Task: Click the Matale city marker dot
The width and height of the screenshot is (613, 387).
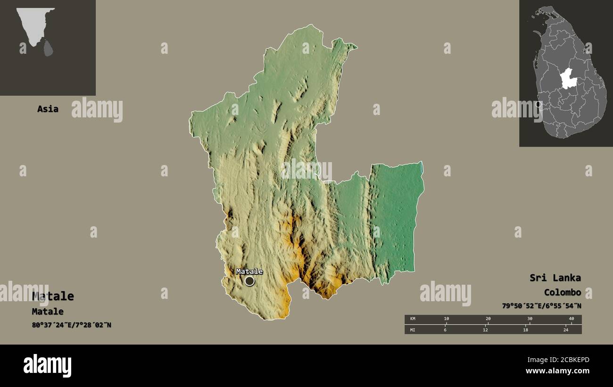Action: point(249,281)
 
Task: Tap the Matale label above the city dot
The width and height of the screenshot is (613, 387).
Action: point(249,271)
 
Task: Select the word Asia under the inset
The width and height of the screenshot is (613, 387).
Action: point(48,109)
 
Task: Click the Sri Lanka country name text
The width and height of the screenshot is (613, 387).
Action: point(555,278)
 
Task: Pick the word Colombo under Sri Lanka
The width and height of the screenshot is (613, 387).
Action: point(562,292)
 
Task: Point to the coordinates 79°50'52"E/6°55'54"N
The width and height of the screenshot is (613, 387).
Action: point(541,306)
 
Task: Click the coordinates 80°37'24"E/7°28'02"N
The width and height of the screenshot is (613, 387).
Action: point(71,325)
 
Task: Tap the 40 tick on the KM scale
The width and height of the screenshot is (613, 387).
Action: point(571,319)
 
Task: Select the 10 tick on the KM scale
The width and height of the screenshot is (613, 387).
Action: point(446,319)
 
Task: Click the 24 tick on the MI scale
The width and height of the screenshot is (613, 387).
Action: point(566,329)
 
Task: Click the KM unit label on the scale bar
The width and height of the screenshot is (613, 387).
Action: point(413,319)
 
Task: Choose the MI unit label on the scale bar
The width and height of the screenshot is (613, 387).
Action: point(413,329)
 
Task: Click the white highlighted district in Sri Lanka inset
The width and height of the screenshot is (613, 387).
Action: point(568,79)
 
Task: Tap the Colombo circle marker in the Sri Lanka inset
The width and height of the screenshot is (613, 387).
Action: point(538,104)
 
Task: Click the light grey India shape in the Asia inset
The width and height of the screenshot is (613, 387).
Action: point(34,24)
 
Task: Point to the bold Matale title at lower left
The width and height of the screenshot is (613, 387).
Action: point(53,296)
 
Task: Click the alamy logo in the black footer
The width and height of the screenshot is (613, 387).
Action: point(47,366)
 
